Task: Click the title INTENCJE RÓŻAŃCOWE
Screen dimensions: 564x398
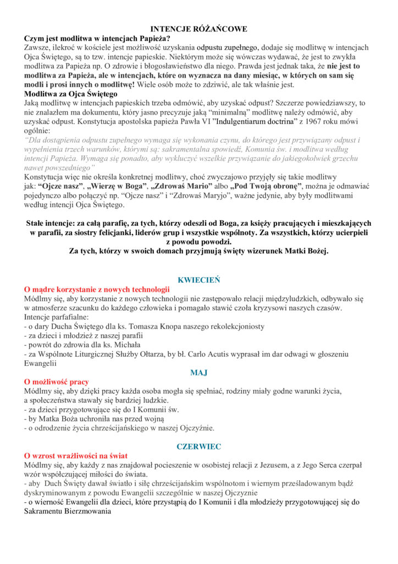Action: [x=199, y=29]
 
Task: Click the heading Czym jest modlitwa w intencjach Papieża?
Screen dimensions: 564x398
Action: [x=97, y=39]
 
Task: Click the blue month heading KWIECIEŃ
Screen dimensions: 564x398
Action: [x=198, y=280]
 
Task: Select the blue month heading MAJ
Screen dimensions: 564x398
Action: [x=198, y=373]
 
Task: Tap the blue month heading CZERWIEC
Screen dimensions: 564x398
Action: [x=198, y=447]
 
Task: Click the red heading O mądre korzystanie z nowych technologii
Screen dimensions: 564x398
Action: [x=97, y=289]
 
